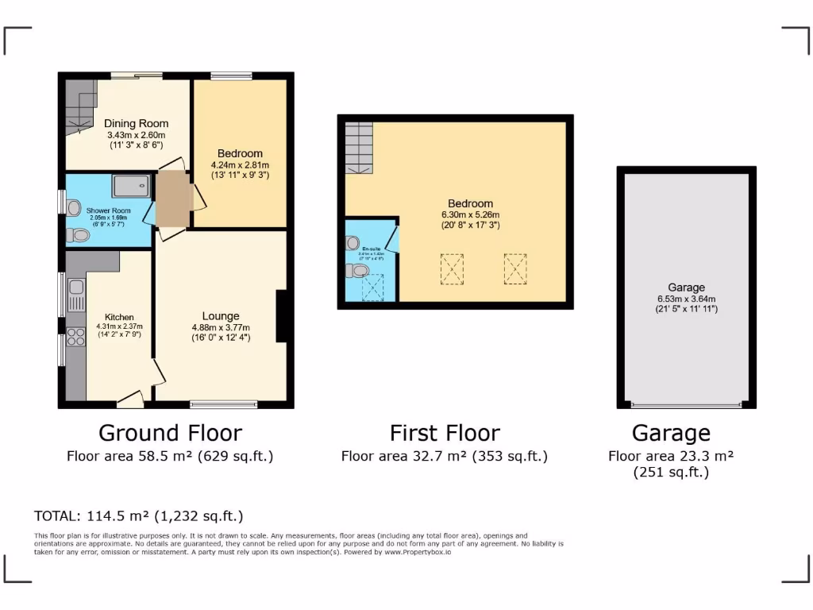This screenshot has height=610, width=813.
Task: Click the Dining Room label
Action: pos(136,123)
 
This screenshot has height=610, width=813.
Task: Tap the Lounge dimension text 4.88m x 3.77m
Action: pos(221,327)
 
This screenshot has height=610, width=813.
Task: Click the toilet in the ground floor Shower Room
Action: pos(79,235)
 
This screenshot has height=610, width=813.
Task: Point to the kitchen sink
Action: pos(76,295)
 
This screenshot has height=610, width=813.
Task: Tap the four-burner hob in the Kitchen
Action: pos(76,337)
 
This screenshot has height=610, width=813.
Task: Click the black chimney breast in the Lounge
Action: pos(281,317)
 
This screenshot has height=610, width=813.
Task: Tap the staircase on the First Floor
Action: pos(359,148)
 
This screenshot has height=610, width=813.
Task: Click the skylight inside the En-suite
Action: pos(372,288)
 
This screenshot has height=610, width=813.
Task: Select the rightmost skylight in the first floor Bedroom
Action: pos(514,268)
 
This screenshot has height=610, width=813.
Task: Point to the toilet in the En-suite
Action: pos(357,271)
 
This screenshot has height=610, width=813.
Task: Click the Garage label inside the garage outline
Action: pos(686,288)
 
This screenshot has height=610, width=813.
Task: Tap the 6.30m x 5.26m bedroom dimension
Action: pos(470,214)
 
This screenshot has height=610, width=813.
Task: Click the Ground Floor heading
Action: pos(170,433)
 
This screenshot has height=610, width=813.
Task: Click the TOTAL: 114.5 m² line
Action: pos(138,515)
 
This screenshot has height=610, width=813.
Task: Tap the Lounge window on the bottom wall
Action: pos(223,404)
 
